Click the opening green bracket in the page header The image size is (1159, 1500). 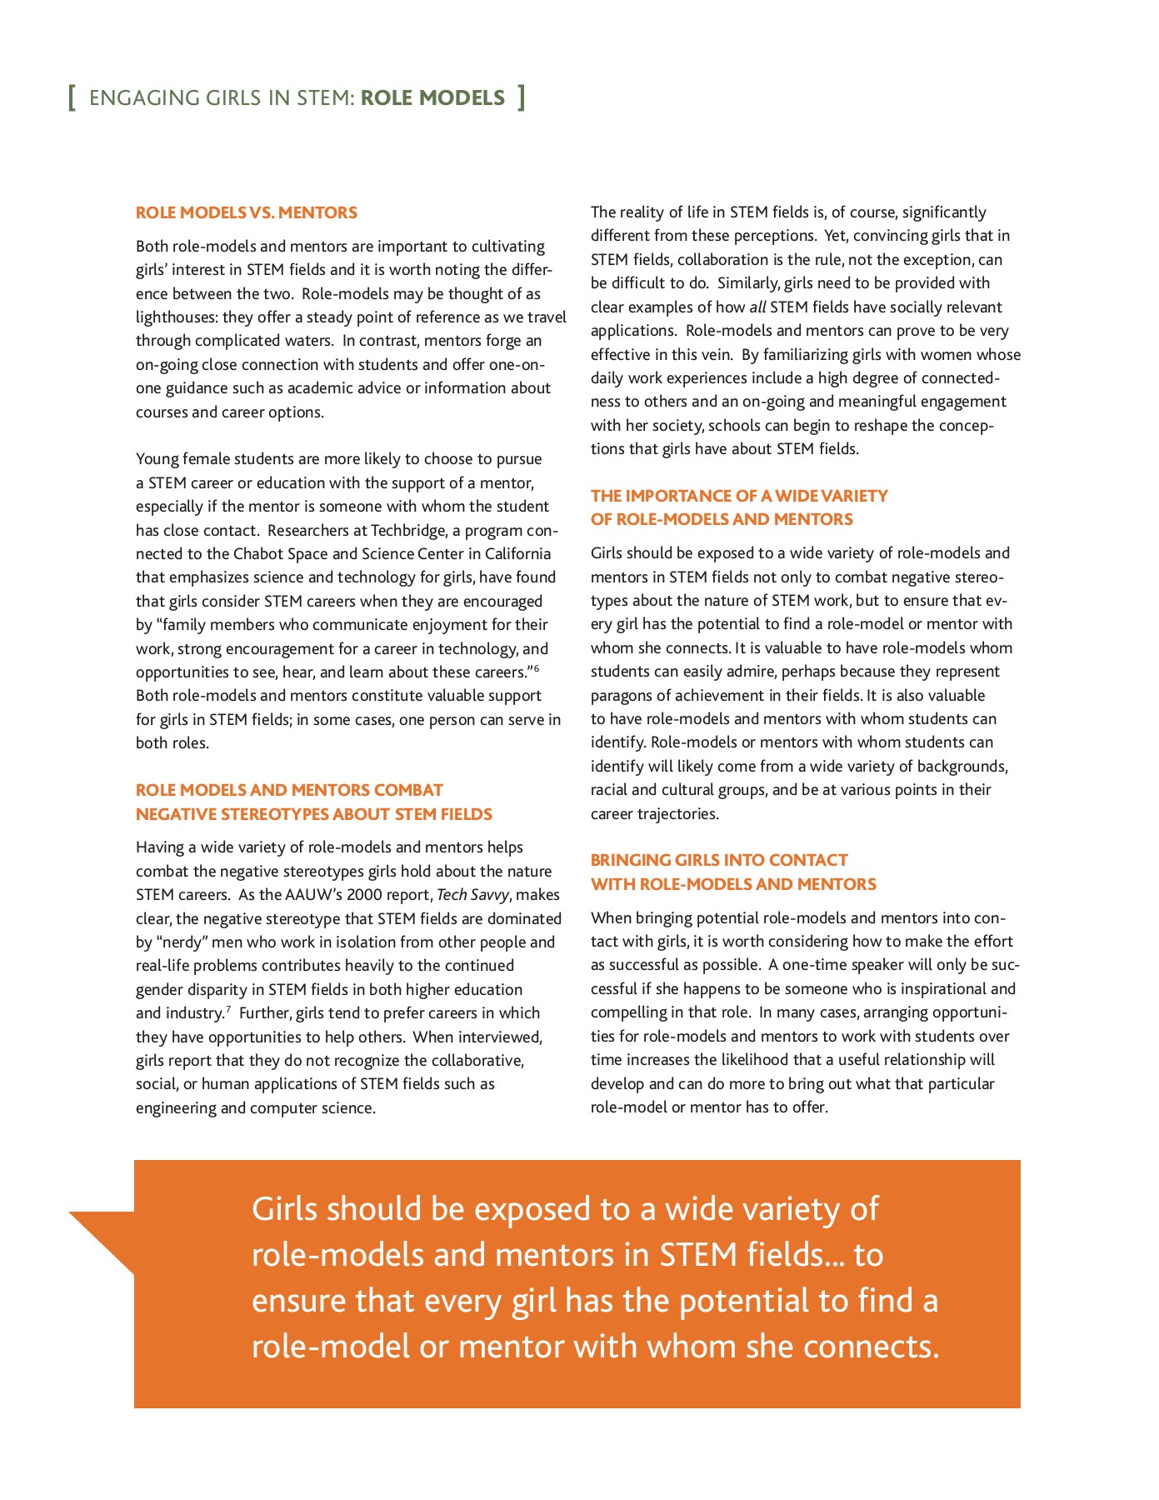72,98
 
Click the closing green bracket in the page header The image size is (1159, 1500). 521,98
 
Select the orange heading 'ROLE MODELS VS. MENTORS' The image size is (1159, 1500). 247,212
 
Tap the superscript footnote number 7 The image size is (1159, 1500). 227,1009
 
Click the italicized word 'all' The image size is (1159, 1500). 757,307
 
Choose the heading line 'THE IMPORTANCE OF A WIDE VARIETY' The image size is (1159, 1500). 739,496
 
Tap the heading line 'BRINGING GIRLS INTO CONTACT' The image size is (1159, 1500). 719,860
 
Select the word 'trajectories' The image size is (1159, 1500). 677,814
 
